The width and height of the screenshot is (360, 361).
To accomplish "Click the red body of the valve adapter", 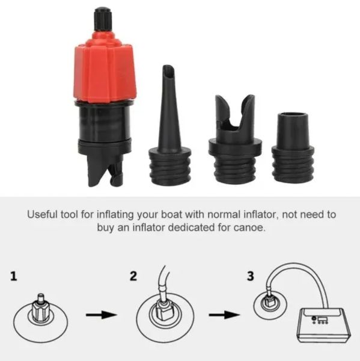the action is click(x=105, y=69).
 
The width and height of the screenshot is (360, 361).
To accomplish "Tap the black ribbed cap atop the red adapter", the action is click(x=103, y=19).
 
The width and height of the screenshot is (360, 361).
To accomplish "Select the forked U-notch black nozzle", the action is click(x=235, y=139).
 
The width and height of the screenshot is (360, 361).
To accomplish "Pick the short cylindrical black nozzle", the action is click(x=293, y=148).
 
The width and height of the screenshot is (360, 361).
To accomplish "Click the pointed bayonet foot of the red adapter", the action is click(x=105, y=170).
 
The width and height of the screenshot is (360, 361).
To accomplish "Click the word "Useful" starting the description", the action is click(x=42, y=214).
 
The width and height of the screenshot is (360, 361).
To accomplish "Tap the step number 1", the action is click(x=14, y=276).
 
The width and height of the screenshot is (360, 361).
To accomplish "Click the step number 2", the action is click(x=133, y=276).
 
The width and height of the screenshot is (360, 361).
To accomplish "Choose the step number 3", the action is click(x=250, y=276).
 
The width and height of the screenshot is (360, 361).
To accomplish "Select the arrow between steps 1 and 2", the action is click(x=102, y=315).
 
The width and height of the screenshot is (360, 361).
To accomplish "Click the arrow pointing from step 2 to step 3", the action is click(x=224, y=315).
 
